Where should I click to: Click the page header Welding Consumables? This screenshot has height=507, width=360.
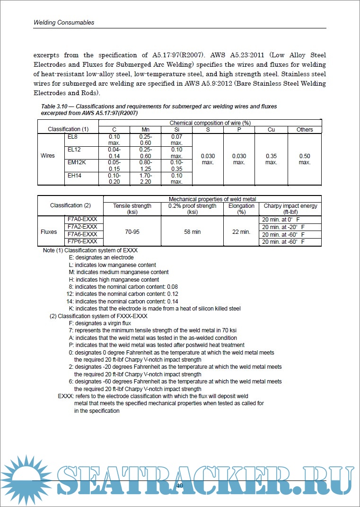tap(64, 22)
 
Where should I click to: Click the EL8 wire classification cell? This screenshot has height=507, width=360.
tap(73, 137)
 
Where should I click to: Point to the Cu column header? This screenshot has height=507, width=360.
tap(271, 130)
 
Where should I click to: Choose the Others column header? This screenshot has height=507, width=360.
tap(305, 130)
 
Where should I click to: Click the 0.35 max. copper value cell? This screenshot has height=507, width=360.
tap(271, 159)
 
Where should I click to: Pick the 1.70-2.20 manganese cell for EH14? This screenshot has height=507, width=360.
tap(146, 178)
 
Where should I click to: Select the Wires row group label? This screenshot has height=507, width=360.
tap(48, 156)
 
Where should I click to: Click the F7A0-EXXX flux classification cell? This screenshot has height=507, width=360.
tap(83, 219)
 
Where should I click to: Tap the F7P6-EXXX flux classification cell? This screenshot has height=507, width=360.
tap(83, 241)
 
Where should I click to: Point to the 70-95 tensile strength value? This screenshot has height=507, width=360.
tap(132, 232)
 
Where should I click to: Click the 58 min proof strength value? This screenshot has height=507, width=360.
tap(192, 232)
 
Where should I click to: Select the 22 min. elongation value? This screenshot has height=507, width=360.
tap(241, 232)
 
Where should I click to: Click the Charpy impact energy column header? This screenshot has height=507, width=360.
tap(290, 209)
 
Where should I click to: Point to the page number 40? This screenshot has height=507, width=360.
tap(180, 486)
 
